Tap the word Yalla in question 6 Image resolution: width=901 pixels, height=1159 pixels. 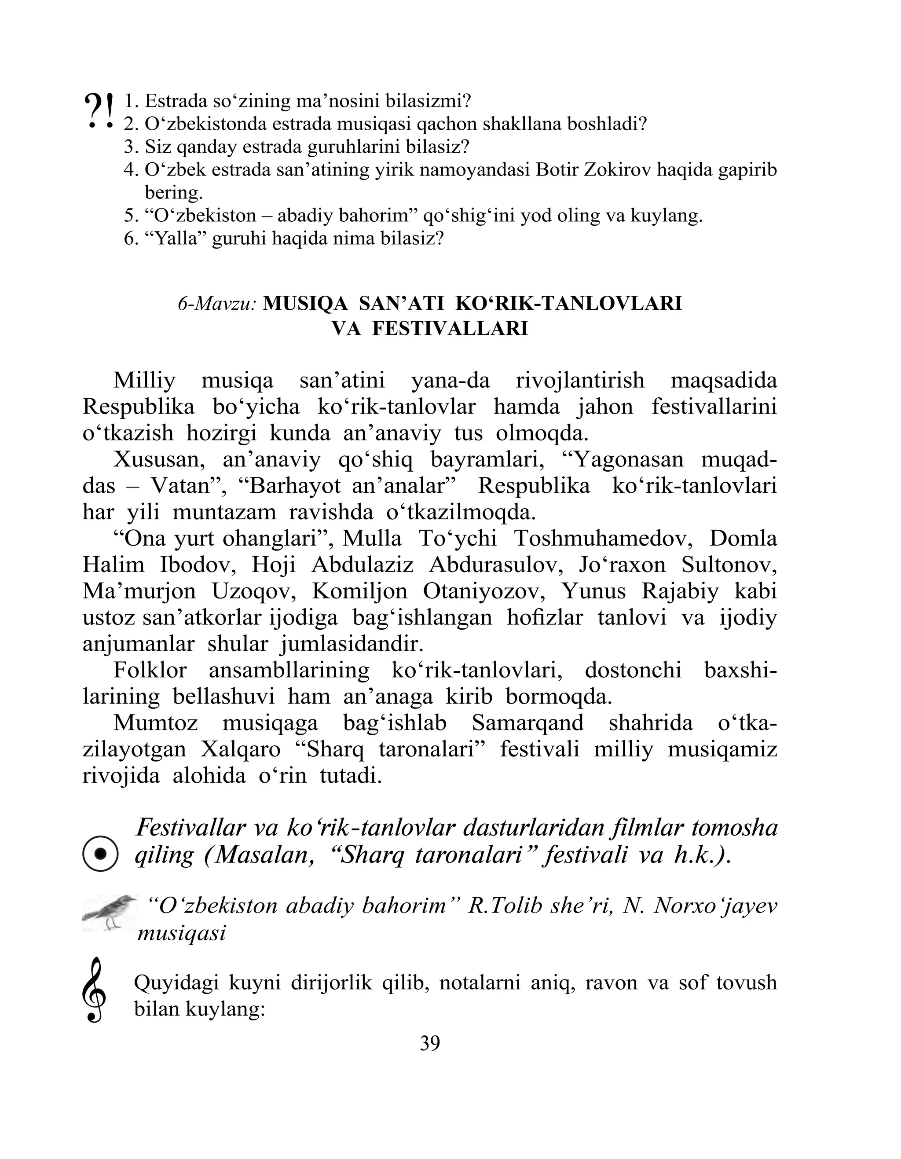pos(176,239)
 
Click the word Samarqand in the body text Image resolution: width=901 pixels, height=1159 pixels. pos(527,723)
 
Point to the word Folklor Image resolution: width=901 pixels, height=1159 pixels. pos(150,670)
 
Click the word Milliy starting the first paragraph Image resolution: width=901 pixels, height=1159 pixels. pos(144,381)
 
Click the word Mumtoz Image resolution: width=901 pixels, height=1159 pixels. pos(156,723)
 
